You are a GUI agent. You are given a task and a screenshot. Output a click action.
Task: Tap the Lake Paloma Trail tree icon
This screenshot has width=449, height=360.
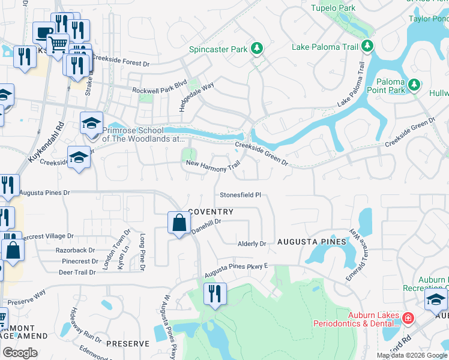[x=367, y=46]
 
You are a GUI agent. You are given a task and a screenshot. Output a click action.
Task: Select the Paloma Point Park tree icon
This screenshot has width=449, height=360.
[x=414, y=83]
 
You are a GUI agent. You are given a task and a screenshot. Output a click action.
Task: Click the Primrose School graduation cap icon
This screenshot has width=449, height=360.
[x=91, y=124]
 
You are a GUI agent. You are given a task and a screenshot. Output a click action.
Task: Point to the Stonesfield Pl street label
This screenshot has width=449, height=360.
[x=241, y=195]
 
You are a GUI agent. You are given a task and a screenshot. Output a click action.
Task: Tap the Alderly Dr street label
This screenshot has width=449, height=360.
[x=252, y=244]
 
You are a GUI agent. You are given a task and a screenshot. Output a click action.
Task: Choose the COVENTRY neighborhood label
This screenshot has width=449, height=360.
[x=211, y=212]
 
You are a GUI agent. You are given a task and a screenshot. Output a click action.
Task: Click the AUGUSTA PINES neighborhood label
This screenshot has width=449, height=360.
[x=312, y=242]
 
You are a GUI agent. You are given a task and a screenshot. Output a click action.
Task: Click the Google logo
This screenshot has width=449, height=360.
[x=19, y=353]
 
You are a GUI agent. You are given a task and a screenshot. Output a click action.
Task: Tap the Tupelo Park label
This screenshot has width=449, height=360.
[x=334, y=8]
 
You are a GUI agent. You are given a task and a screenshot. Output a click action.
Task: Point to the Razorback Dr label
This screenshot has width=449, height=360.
[x=75, y=250]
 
